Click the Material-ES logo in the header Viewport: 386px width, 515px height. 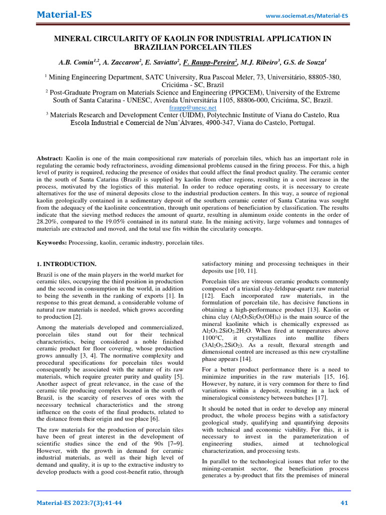[x=64, y=15]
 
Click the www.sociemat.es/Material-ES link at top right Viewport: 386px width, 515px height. [x=307, y=16]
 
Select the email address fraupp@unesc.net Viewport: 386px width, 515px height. [x=193, y=108]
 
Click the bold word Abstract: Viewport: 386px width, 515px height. [x=51, y=158]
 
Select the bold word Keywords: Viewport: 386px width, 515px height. [x=52, y=242]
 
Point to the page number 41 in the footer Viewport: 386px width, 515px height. [x=344, y=503]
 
